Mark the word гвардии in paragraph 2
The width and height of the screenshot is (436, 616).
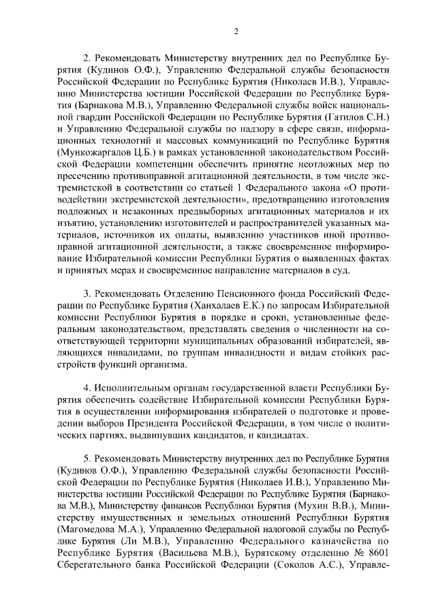pos(82,118)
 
